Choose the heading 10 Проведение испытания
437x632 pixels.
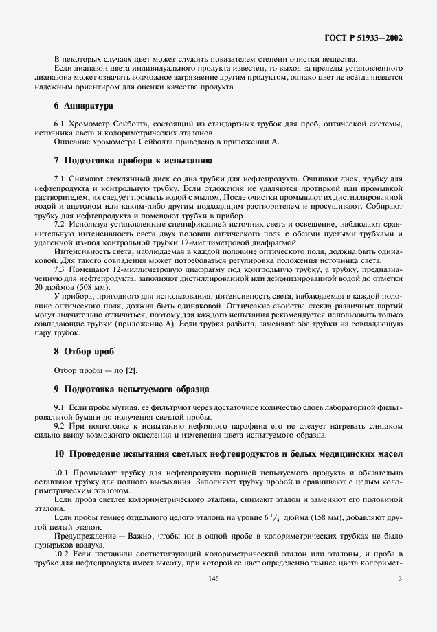(227, 453)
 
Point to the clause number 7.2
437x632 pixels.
(59, 224)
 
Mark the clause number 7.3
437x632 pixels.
(59, 271)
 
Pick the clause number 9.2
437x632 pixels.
(59, 426)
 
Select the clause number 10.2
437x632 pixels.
(61, 553)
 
